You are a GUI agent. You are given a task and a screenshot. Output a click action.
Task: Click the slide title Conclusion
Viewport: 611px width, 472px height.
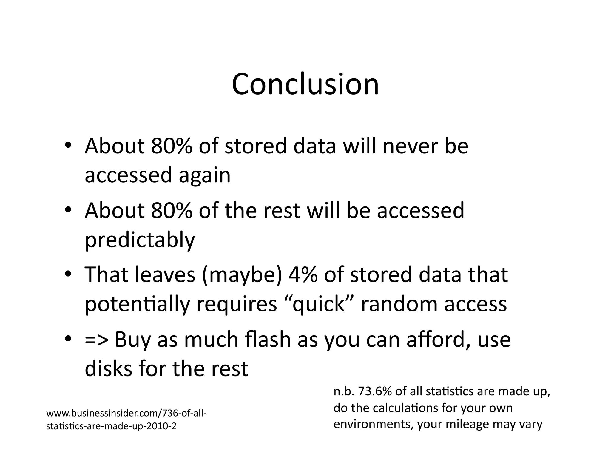click(305, 84)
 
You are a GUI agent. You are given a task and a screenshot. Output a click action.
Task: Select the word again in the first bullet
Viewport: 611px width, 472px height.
click(205, 175)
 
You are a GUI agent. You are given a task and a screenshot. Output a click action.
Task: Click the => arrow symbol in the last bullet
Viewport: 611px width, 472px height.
click(97, 340)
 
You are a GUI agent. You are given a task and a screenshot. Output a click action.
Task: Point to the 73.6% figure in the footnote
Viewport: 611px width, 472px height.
click(375, 391)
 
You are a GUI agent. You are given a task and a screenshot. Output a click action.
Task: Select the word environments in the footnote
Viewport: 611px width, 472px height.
click(373, 424)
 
